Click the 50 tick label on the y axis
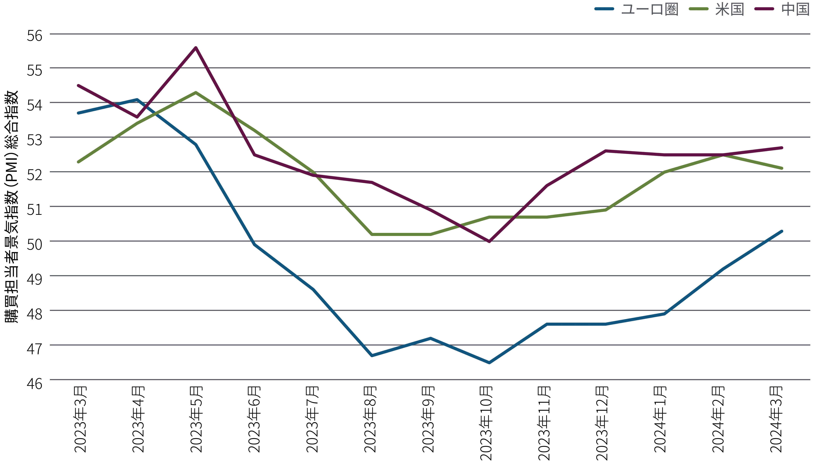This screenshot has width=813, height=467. tap(34, 244)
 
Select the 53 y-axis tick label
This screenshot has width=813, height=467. tap(34, 140)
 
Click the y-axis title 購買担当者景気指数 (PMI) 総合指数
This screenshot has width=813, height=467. tap(12, 207)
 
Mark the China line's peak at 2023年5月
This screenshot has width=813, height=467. tap(196, 48)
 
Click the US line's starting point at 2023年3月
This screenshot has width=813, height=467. tap(78, 162)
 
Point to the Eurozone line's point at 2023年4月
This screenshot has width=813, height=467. tap(137, 100)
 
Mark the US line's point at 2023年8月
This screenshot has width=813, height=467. tap(372, 234)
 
